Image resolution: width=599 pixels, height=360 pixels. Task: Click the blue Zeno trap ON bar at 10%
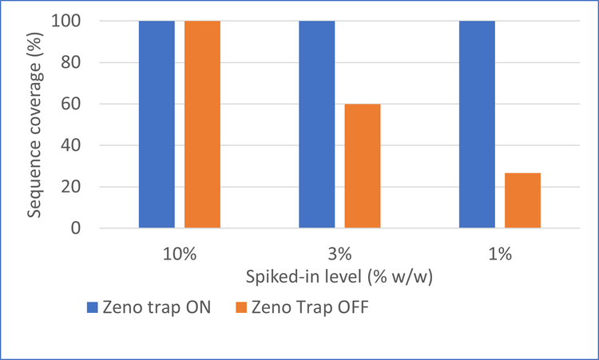[x=157, y=125]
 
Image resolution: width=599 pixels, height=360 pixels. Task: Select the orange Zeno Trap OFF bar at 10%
[x=202, y=125]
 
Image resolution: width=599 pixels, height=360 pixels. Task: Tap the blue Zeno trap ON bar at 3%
[x=317, y=125]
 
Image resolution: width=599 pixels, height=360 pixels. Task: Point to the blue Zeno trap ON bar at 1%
[x=478, y=125]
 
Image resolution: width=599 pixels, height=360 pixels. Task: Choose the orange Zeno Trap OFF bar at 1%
[x=523, y=200]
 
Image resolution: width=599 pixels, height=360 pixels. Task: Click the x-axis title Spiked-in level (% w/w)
[x=339, y=279]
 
